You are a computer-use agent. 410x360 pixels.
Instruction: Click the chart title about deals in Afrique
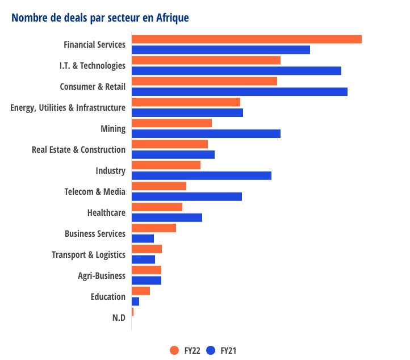coord(100,18)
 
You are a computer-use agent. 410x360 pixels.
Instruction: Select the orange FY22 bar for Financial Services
coord(246,39)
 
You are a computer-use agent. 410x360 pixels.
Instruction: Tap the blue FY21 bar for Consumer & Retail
coord(239,91)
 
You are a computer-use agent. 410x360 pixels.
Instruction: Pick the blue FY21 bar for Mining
coord(206,133)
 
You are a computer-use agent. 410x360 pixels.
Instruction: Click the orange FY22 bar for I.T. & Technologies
coord(206,60)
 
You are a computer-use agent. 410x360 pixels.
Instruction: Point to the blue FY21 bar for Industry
coord(201,175)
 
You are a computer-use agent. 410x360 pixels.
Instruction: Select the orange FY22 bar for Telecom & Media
coord(158,186)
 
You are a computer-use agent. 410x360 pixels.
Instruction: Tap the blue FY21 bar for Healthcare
coord(166,217)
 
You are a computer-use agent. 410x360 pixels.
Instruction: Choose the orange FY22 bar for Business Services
coord(153,228)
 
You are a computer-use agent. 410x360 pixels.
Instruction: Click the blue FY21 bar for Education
coord(135,302)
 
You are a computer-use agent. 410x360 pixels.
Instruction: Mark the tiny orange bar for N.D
coord(132,312)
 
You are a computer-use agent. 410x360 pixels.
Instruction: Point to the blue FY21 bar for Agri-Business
coord(146,281)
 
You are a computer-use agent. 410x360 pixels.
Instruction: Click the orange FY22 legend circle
coord(174,350)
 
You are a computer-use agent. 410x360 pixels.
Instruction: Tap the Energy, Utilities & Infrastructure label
coord(68,107)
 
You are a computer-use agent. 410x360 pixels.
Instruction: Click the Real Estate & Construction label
coord(78,149)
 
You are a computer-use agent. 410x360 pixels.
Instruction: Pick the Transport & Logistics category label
coord(88,254)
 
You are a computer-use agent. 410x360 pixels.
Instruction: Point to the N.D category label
coord(118,317)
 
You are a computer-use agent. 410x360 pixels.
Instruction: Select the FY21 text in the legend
coord(228,350)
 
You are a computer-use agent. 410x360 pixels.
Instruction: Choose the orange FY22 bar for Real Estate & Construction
coord(169,144)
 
